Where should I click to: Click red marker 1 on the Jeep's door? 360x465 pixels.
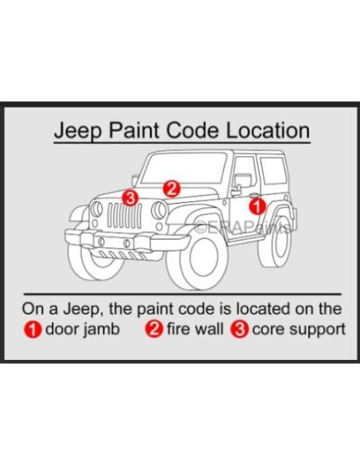(x=256, y=206)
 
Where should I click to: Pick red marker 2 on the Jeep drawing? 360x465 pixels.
(x=171, y=188)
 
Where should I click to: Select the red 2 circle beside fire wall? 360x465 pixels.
(x=155, y=327)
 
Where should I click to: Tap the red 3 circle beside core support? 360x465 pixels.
(x=239, y=327)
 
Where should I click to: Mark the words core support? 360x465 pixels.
(x=296, y=327)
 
